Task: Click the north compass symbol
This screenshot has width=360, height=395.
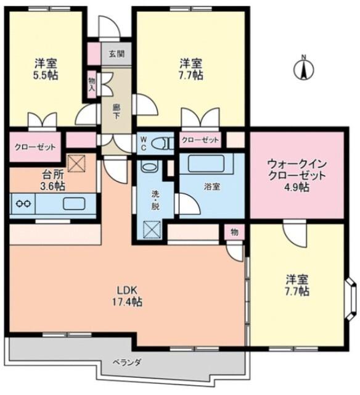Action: click(x=303, y=67)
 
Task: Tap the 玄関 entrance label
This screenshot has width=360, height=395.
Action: click(x=116, y=54)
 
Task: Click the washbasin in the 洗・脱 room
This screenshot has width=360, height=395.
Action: click(x=150, y=167)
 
